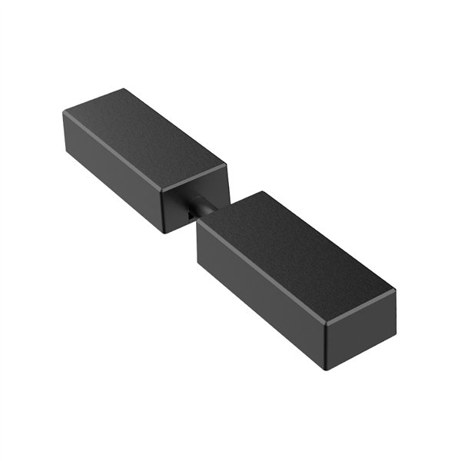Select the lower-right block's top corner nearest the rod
pyautogui.click(x=198, y=223)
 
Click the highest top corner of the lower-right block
pyautogui.click(x=261, y=192)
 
